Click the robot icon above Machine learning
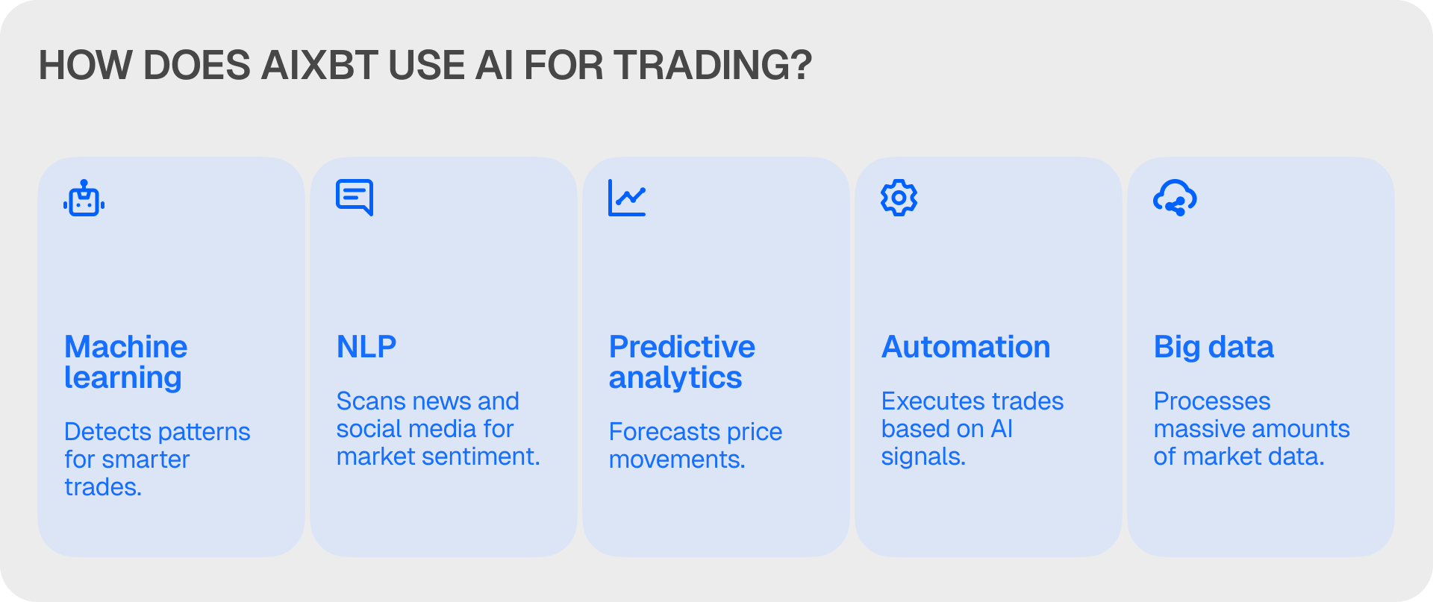[x=84, y=198]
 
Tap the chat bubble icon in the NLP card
[x=355, y=198]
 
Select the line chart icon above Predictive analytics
[x=627, y=198]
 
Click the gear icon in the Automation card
[x=899, y=198]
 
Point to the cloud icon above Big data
[x=1175, y=198]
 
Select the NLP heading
[x=366, y=347]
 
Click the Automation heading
[x=966, y=347]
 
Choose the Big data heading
[x=1214, y=348]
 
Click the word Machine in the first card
[x=126, y=347]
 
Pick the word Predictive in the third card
[x=682, y=347]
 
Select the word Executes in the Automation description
[x=926, y=401]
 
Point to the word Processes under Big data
[x=1212, y=401]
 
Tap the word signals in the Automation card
[x=923, y=457]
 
